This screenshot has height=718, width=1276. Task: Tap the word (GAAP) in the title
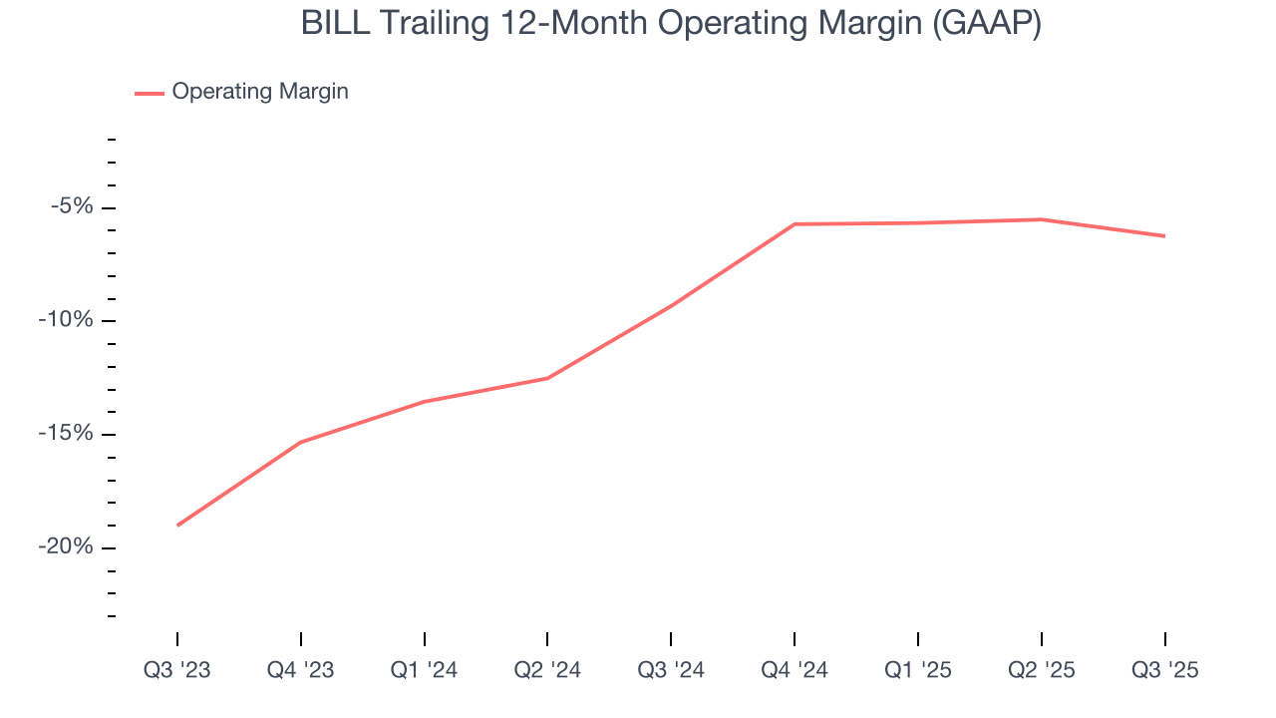coord(987,23)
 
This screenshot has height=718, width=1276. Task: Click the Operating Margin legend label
coord(260,92)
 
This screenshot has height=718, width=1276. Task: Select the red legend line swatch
coord(150,93)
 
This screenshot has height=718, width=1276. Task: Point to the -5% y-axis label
coord(72,206)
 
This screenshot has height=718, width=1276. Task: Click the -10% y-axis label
coord(66,320)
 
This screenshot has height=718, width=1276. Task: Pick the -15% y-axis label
coord(66,434)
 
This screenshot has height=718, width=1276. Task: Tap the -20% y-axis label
coord(66,546)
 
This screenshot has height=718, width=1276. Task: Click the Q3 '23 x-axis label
coord(177,670)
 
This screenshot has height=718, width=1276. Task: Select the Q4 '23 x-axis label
coord(301,670)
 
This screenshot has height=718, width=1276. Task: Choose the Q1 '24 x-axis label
coord(425,670)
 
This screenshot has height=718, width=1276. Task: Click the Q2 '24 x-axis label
coord(547,670)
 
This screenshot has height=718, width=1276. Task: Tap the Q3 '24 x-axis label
coord(671,670)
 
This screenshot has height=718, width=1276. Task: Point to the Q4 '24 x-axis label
coord(795,670)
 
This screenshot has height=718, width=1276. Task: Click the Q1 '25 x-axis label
coord(918,670)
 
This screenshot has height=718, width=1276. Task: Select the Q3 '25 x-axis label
coord(1164,670)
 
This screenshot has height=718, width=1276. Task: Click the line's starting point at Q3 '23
coord(177,526)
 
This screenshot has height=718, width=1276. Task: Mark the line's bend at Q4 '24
coord(795,224)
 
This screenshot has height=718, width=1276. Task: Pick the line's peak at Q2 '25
coord(1041,219)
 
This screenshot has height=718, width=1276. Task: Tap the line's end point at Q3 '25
coord(1164,236)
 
